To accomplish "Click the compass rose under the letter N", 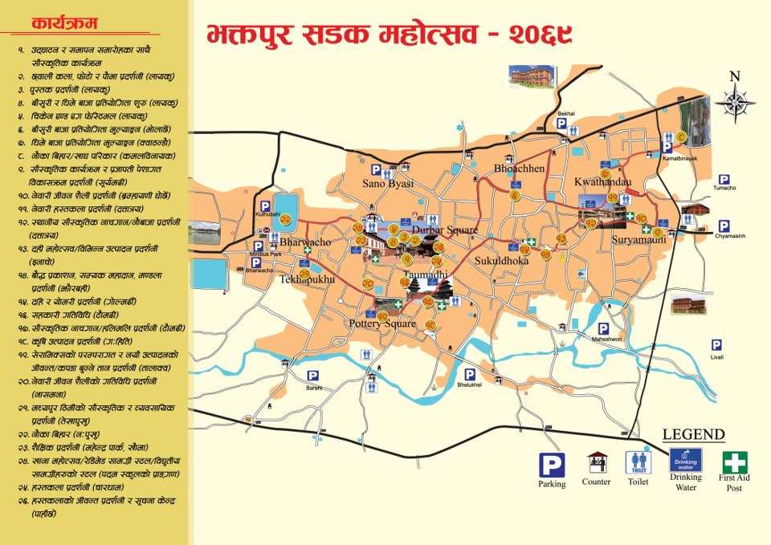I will [734, 103].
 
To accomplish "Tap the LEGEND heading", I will [693, 435].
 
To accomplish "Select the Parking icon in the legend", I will [551, 465].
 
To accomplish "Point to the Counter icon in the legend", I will [597, 463].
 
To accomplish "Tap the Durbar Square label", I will [444, 230].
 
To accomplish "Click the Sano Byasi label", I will [388, 184].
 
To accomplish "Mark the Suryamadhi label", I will [638, 240].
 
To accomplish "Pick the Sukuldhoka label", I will [502, 261].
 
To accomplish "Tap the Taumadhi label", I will [425, 275].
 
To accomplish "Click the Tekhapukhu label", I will [306, 279].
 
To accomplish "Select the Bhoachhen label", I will [519, 169].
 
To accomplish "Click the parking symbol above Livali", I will [716, 344].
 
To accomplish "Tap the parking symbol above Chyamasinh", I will [724, 226].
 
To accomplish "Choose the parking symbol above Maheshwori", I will [602, 329].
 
